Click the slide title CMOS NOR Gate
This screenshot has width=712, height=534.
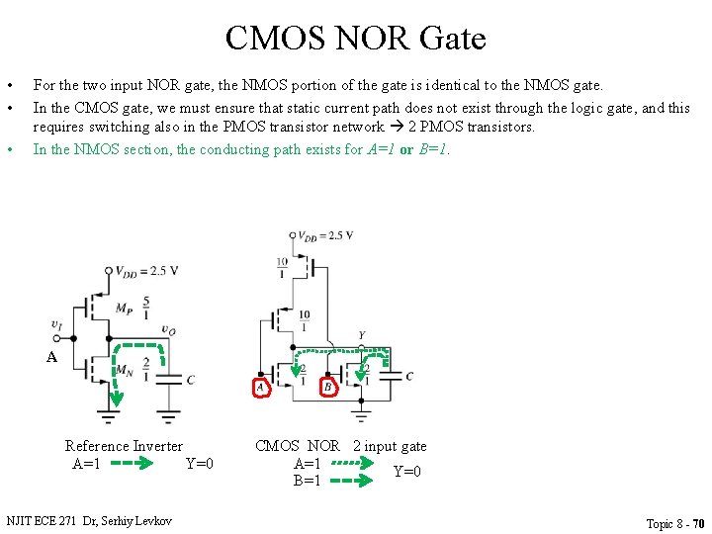tap(356, 39)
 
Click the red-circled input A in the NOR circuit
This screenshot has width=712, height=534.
tap(260, 388)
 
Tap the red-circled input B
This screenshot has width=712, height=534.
tap(328, 388)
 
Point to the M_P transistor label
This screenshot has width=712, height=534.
tap(124, 309)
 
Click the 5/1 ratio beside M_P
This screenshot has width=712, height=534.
tap(146, 307)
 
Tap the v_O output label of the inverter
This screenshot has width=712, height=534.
tap(168, 330)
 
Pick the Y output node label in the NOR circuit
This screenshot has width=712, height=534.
tap(361, 335)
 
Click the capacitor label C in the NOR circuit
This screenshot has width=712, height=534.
tap(408, 376)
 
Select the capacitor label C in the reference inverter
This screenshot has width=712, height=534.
tap(190, 380)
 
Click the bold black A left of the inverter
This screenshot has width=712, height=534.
tap(51, 357)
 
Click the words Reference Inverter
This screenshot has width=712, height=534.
tap(124, 446)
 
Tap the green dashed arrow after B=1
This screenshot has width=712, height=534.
tap(351, 482)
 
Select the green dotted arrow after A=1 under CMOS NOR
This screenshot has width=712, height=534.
tap(351, 463)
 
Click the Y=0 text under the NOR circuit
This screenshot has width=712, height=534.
tap(407, 472)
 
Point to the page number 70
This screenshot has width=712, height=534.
tap(698, 523)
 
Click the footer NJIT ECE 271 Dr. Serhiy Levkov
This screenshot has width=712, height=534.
tap(89, 520)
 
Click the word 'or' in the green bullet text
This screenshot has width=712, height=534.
tap(406, 149)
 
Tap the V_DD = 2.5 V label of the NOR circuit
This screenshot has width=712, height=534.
tap(326, 235)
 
